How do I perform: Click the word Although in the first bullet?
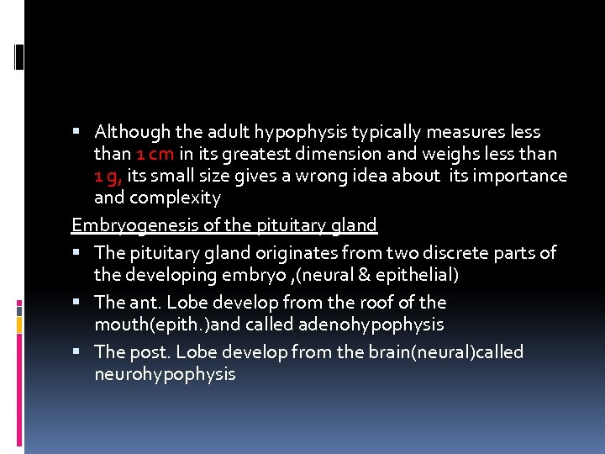pyautogui.click(x=129, y=132)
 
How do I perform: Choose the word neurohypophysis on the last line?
pyautogui.click(x=165, y=374)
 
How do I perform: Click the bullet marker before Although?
pyautogui.click(x=76, y=132)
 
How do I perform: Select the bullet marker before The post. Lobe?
pyautogui.click(x=76, y=352)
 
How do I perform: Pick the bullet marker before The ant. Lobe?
pyautogui.click(x=76, y=302)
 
